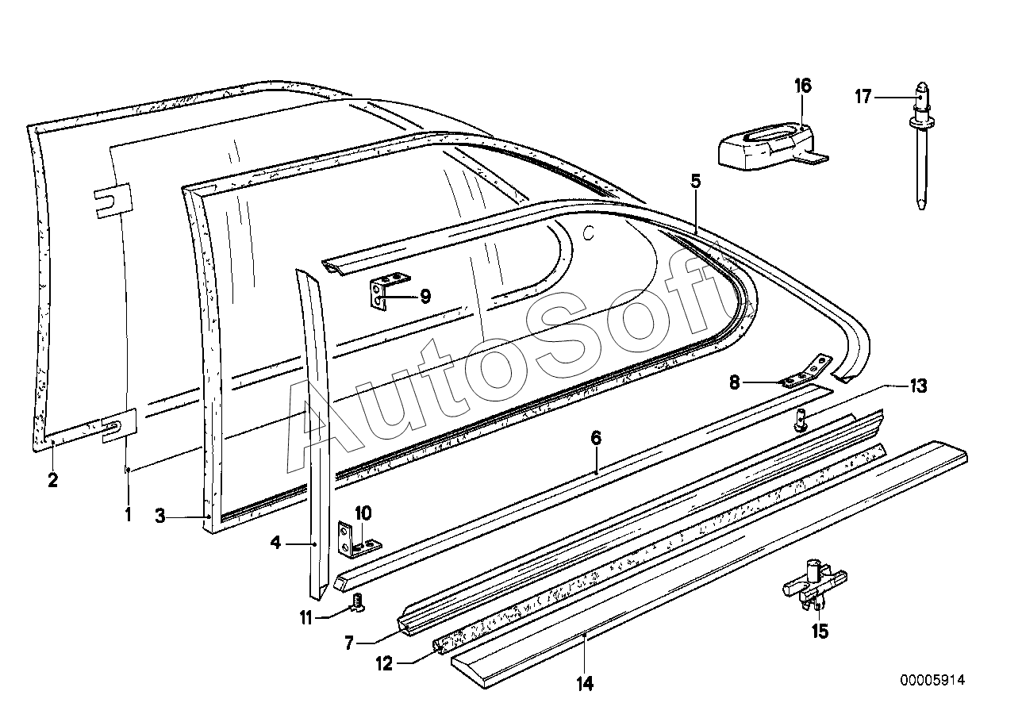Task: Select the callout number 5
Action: (695, 182)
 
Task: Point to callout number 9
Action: (425, 297)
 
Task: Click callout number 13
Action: (917, 387)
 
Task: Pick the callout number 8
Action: (735, 382)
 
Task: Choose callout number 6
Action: (596, 438)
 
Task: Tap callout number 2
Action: (52, 479)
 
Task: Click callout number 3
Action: (160, 517)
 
